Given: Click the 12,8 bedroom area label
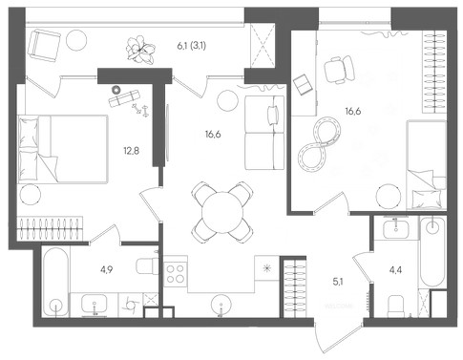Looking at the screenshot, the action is coord(132,151).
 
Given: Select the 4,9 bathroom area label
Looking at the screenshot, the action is coord(107,270).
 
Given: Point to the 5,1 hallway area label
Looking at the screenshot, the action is coord(338,282).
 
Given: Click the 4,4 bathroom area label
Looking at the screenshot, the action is coord(395,270).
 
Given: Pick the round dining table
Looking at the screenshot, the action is coord(222,212).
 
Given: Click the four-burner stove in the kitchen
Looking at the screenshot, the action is coord(176,274).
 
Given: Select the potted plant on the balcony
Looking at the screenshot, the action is coord(140,50).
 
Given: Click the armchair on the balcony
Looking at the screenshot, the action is coord(44,44).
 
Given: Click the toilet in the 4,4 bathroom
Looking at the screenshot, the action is coord(396,307).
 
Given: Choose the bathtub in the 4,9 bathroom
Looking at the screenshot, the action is coord(55,282).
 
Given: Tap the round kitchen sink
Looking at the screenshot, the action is coord(221,305).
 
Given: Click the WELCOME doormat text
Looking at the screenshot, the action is coord(339,307).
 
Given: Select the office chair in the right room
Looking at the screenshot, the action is coord(340,70).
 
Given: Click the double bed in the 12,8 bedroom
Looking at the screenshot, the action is coord(63,149).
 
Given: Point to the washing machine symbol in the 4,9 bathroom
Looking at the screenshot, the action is coord(131,305).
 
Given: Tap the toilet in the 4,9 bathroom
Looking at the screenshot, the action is coord(147,266).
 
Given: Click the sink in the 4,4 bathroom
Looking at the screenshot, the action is coord(395,229).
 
